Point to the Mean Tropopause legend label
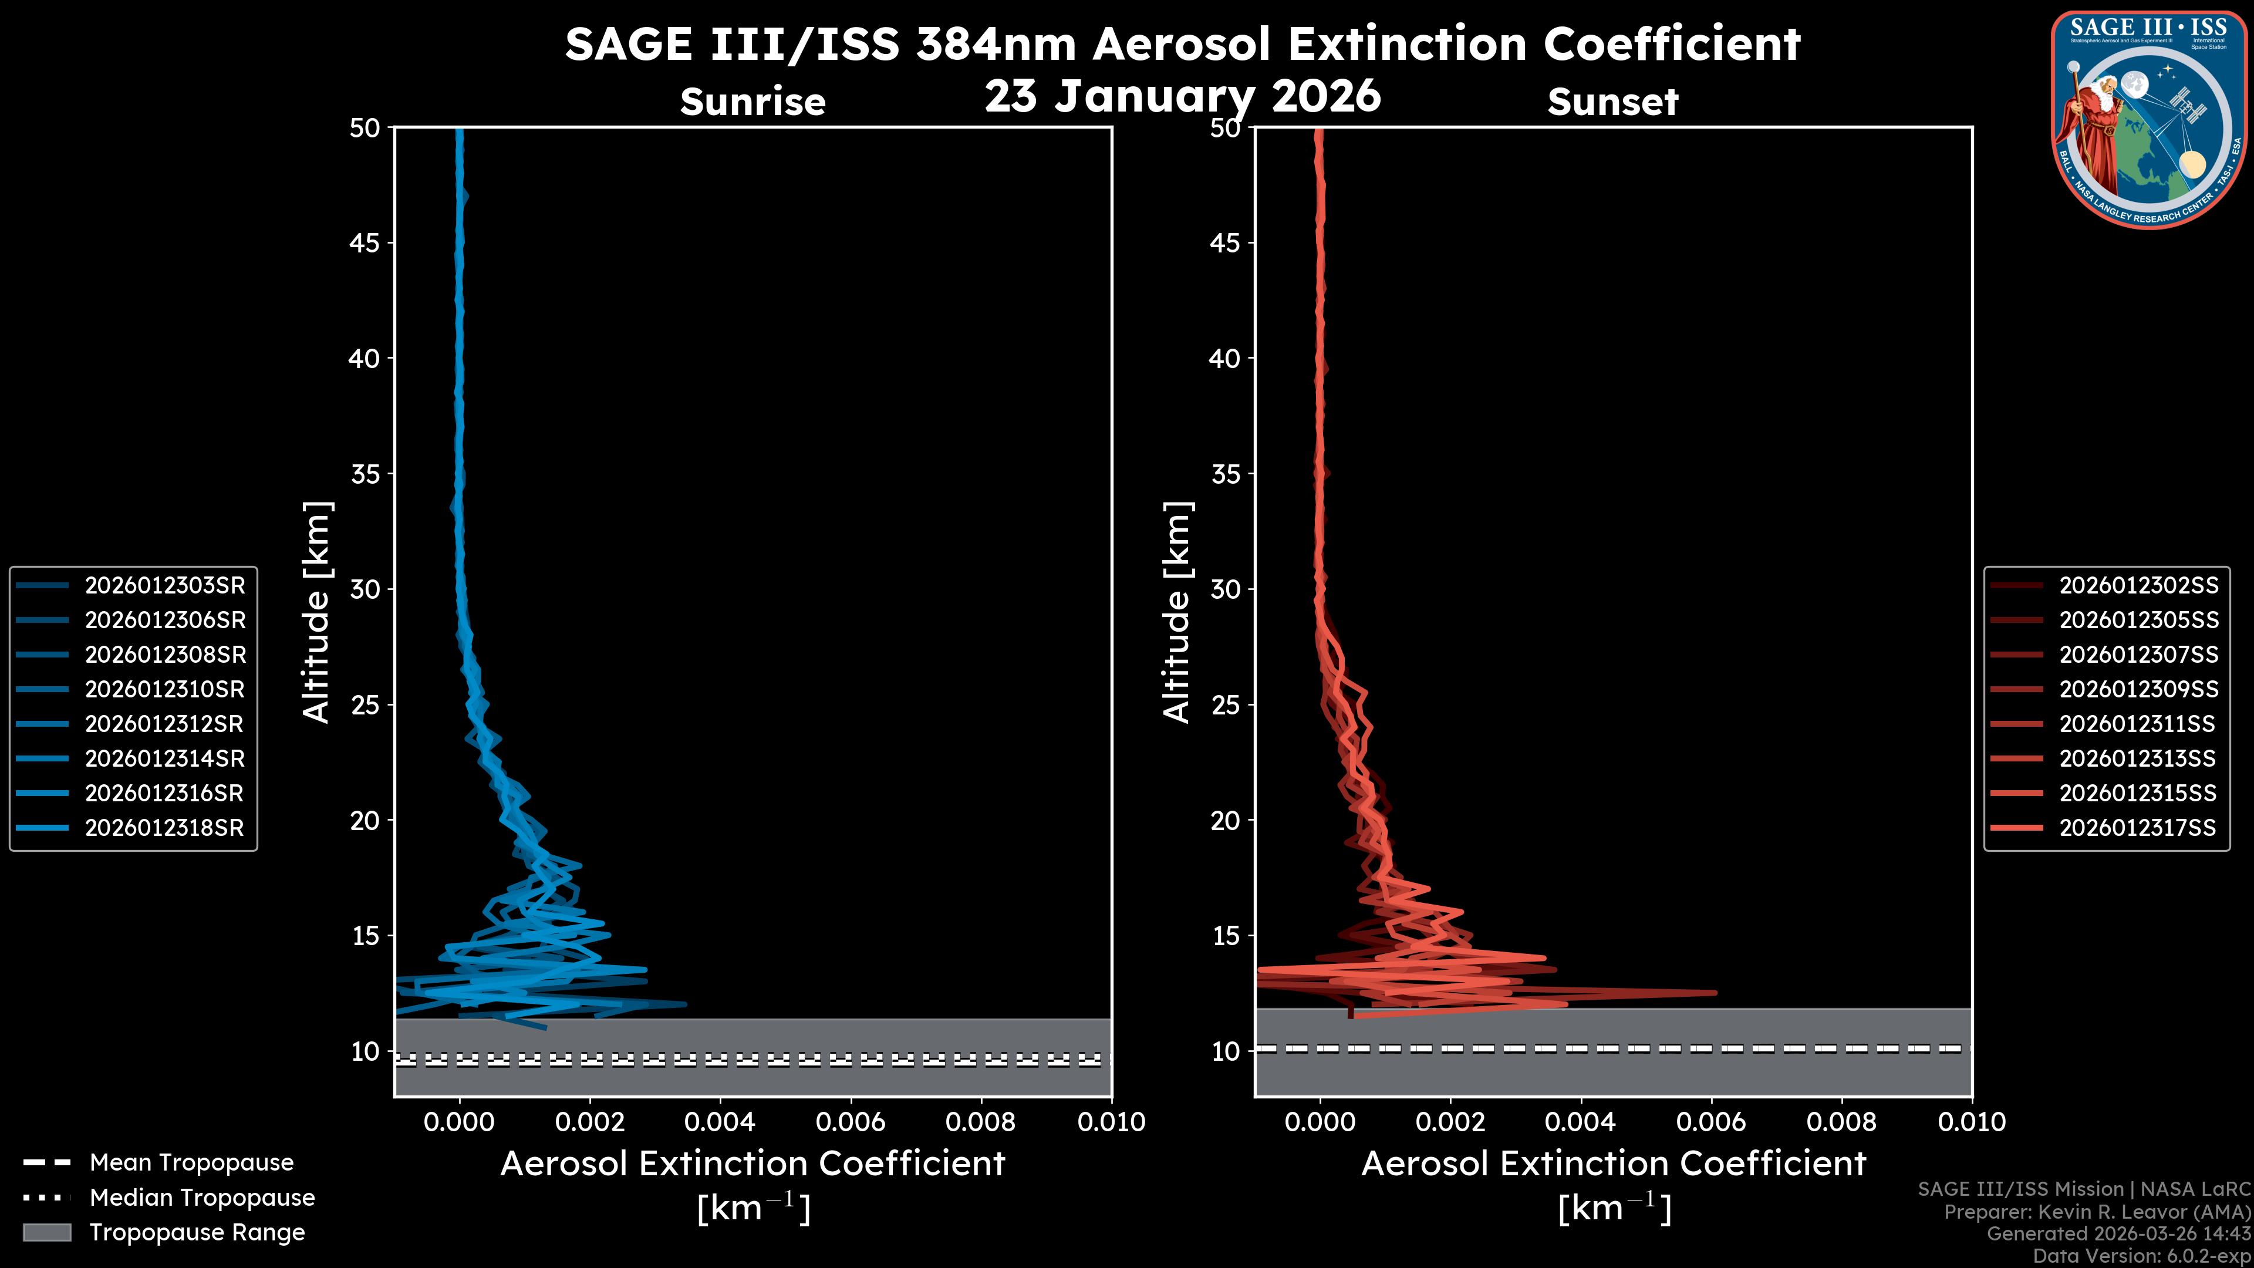coord(191,1162)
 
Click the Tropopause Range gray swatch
coord(46,1232)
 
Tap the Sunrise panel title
coord(753,102)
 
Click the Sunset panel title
coord(1612,102)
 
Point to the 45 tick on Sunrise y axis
coord(365,243)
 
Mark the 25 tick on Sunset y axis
coord(1226,705)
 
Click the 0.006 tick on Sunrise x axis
coord(851,1122)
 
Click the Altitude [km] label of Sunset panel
coord(1177,612)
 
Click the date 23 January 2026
coord(1182,96)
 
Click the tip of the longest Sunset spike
coord(1715,992)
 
